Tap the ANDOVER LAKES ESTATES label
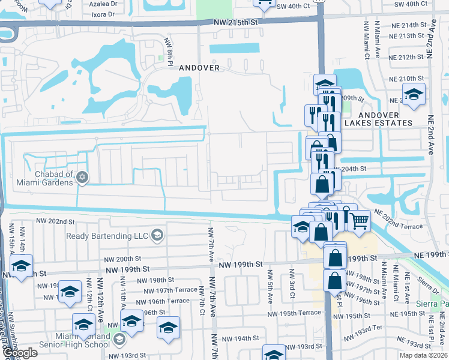[x=379, y=119]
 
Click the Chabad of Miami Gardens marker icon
[x=82, y=177]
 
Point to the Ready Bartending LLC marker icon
[x=157, y=235]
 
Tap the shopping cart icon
[x=359, y=221]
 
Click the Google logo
[x=19, y=353]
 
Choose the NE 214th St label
[x=407, y=25]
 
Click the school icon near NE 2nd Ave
[x=414, y=95]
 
